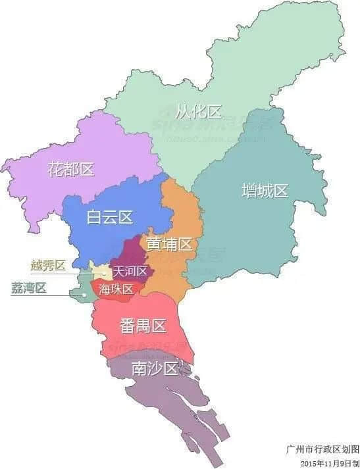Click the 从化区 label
(199, 111)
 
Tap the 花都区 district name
(71, 169)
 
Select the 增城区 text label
(265, 191)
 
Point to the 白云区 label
(110, 217)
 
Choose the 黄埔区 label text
(169, 244)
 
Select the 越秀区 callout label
(49, 266)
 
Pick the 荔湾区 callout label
(29, 287)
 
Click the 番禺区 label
(143, 325)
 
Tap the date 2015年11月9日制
(328, 462)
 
